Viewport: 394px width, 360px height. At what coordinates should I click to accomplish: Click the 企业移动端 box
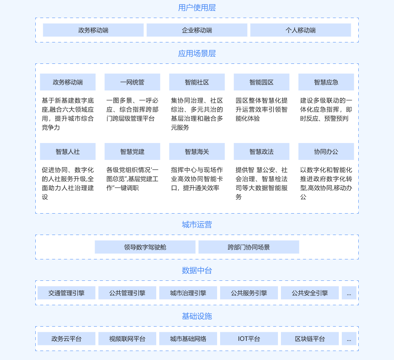pos(197,30)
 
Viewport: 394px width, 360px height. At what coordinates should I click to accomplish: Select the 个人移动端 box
pos(300,30)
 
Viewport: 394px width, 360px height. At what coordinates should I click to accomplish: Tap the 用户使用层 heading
pos(197,8)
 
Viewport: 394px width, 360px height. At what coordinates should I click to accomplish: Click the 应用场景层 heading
pos(197,53)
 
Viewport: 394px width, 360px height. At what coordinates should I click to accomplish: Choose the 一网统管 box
pos(132,82)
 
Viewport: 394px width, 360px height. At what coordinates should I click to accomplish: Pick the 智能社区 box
pos(197,82)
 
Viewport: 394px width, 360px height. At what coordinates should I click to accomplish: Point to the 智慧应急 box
pos(326,82)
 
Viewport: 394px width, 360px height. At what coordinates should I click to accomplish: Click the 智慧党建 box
pos(132,152)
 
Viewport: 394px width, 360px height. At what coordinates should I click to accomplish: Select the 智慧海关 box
pos(197,152)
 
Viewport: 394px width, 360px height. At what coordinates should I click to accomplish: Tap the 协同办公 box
pos(326,152)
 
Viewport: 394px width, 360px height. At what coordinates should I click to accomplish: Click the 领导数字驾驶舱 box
pos(145,247)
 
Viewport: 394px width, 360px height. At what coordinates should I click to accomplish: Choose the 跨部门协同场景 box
pos(249,247)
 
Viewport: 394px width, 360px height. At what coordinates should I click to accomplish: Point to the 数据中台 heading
pos(197,270)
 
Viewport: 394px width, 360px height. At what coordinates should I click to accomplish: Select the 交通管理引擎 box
pos(66,293)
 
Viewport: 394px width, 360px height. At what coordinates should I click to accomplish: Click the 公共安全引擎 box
pos(310,293)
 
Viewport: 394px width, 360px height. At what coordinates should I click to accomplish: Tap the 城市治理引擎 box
pos(188,293)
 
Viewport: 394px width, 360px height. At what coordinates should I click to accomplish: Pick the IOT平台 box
pos(249,339)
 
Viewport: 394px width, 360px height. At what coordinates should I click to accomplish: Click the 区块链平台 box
pos(310,339)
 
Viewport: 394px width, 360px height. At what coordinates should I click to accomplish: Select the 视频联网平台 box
pos(127,339)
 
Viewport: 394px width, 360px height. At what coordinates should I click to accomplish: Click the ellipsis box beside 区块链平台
pos(349,339)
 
